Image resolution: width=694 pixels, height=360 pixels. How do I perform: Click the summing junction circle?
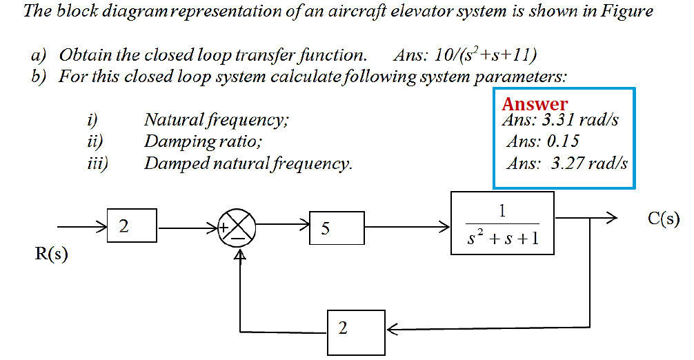pos(237,226)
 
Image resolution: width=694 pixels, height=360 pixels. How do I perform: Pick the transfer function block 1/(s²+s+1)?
pos(502,223)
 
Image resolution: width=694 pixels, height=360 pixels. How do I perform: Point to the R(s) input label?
pos(52,254)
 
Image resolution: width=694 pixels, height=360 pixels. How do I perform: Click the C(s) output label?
pos(664,219)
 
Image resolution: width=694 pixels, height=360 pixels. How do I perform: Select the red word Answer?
pos(535,104)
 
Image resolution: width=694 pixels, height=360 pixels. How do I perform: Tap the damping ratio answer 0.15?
pos(562,141)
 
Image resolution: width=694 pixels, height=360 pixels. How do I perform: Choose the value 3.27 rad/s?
pos(589,163)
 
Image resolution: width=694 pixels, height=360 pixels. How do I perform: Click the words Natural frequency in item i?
pos(216,120)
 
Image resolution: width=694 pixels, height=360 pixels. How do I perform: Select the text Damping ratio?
pos(203,141)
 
